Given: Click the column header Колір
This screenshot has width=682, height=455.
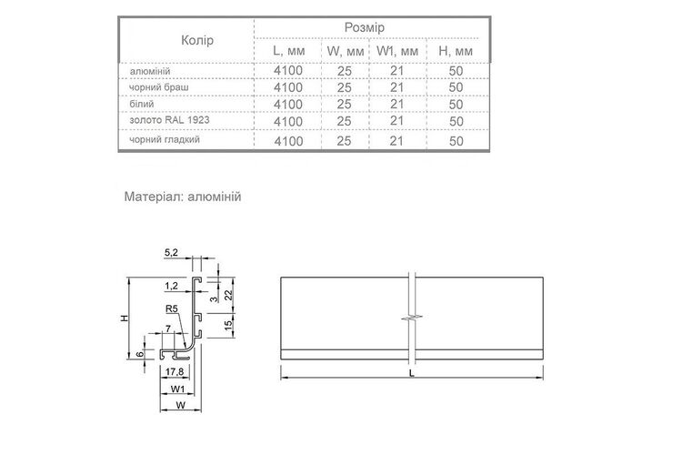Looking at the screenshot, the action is click(x=197, y=40).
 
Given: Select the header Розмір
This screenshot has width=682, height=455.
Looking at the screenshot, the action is click(x=365, y=28).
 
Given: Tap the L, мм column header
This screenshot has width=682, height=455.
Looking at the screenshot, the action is click(x=289, y=51).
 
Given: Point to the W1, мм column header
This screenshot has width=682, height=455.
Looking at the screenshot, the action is click(x=397, y=51).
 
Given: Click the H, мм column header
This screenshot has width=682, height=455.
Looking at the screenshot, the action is click(x=456, y=51).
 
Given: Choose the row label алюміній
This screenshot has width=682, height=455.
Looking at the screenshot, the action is click(x=150, y=71).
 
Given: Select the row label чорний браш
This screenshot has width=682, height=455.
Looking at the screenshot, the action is click(x=159, y=87).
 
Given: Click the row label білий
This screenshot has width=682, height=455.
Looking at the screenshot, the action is click(x=142, y=104).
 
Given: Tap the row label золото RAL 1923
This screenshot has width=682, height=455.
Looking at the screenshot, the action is click(x=170, y=120).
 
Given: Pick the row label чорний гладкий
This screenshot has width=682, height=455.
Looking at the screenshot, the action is click(x=165, y=140).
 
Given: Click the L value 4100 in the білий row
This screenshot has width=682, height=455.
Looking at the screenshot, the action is click(x=288, y=105).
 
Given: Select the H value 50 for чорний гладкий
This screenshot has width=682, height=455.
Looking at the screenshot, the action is click(x=456, y=141).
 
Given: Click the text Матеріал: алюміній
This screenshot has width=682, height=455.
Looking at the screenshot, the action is click(x=183, y=197).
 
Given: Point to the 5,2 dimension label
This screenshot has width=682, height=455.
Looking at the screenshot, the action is click(x=171, y=253).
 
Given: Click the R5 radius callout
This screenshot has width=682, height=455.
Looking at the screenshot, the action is click(x=172, y=308).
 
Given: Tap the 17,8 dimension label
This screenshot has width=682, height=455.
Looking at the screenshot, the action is click(x=175, y=372).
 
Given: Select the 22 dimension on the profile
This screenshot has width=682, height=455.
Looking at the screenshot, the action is click(x=229, y=295).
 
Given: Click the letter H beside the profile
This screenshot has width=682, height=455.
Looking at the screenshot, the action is click(x=125, y=318).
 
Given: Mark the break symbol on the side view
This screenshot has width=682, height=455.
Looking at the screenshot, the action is click(x=412, y=318).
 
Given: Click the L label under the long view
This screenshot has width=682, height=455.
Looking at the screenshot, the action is click(x=411, y=373).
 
